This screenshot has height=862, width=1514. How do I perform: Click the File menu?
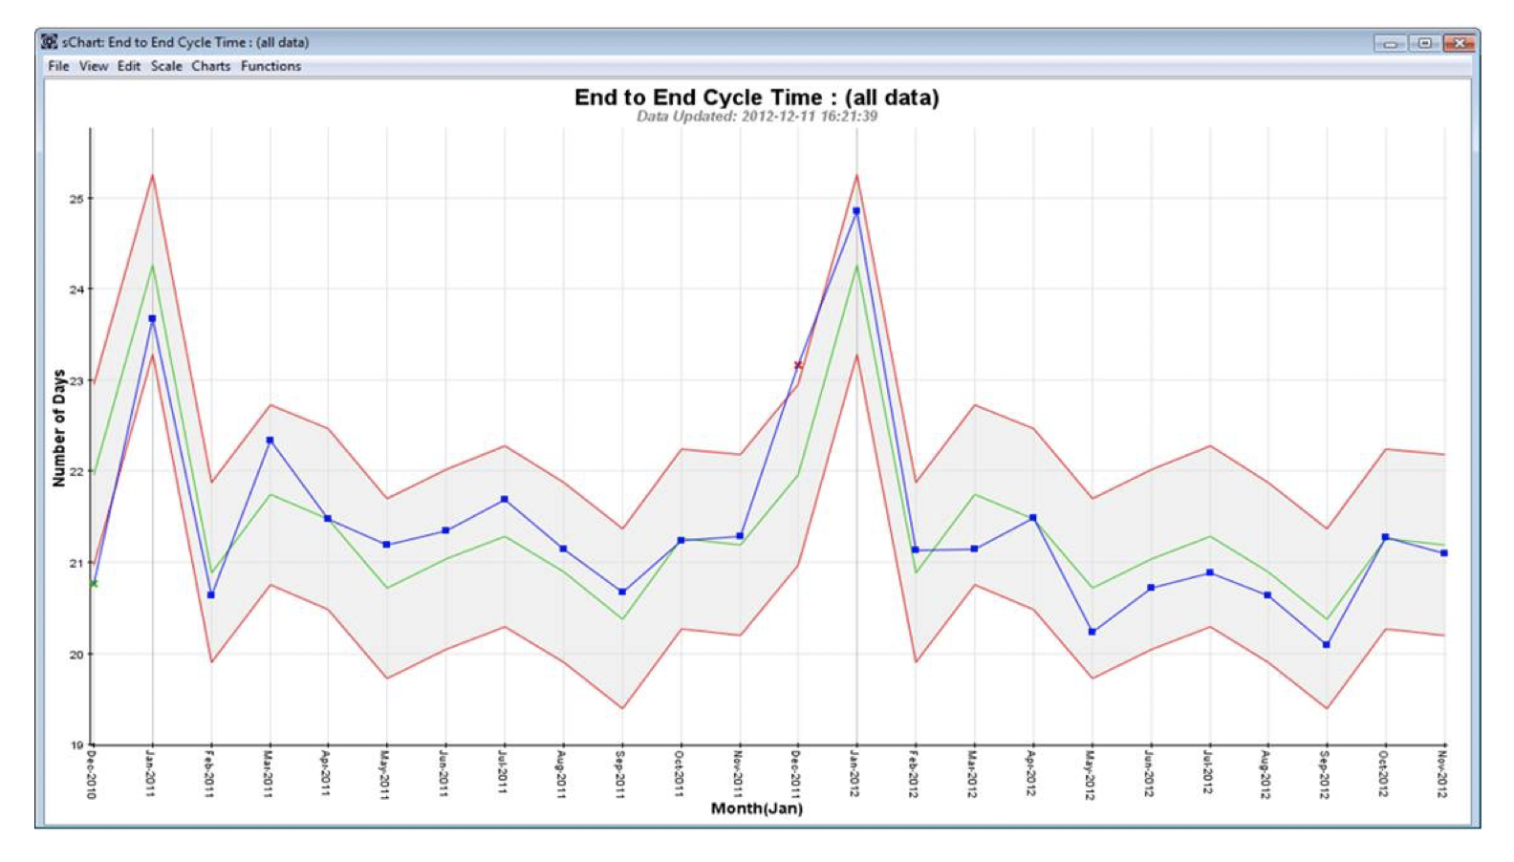[58, 66]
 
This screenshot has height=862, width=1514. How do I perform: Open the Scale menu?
[166, 66]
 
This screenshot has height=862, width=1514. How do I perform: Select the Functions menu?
[270, 66]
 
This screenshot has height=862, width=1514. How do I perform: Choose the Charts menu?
[210, 66]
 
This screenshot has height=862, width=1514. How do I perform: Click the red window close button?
[1459, 43]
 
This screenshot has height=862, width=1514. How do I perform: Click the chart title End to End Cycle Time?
[756, 97]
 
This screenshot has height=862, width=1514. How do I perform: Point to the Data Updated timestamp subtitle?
[756, 117]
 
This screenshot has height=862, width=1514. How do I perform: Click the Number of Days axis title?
[59, 428]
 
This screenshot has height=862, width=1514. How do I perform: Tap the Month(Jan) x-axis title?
[756, 808]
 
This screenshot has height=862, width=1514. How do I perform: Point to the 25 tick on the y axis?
[76, 199]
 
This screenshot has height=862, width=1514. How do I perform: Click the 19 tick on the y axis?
[76, 745]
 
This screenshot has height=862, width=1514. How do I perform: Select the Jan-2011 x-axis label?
[151, 774]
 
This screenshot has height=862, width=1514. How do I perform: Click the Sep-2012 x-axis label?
[1326, 774]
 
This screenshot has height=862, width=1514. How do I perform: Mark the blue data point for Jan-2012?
[856, 211]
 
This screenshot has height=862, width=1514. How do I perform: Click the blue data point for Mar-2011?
[270, 441]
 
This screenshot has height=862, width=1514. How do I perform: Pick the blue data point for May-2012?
[1092, 632]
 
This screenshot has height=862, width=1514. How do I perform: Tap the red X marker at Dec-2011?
[798, 365]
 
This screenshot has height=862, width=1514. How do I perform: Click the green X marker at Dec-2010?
[93, 583]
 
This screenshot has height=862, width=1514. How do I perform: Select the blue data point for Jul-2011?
[505, 500]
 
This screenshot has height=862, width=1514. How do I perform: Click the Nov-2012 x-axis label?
[1443, 774]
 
